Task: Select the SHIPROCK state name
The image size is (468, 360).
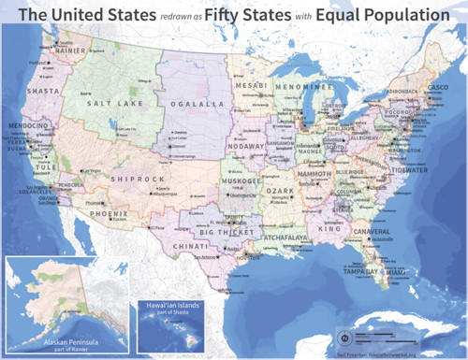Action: coord(131,177)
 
